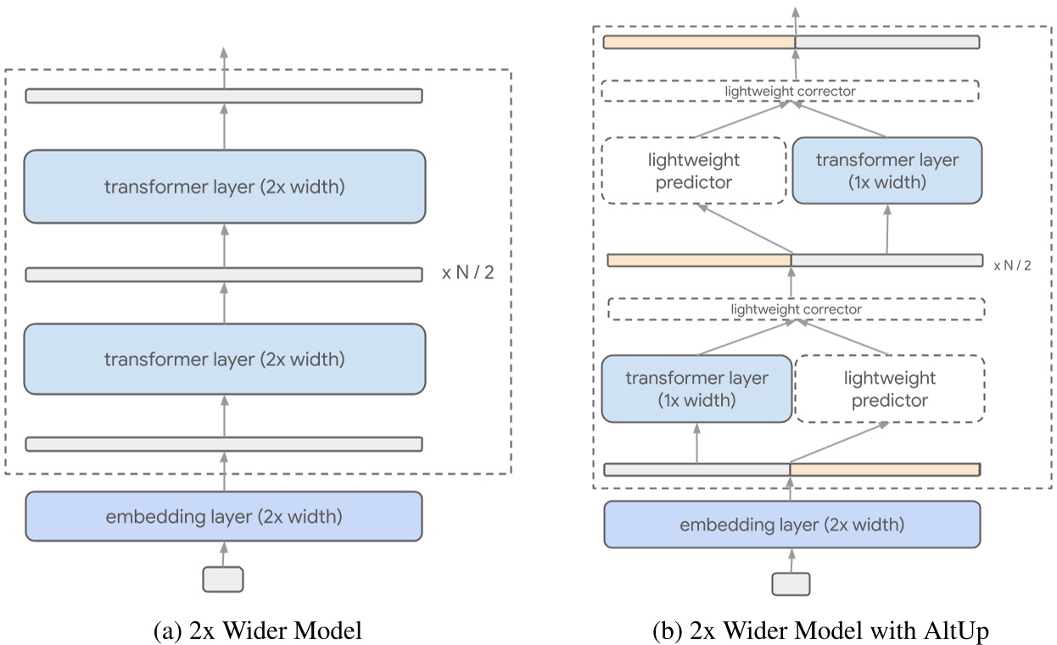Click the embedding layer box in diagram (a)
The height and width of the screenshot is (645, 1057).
[x=224, y=515]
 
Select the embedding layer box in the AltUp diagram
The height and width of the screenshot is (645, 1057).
[x=791, y=525]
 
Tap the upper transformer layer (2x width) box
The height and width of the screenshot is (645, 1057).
[x=224, y=186]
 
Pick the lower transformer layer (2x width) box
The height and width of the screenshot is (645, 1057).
[x=224, y=359]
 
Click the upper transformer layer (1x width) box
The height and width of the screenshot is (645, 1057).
[x=886, y=170]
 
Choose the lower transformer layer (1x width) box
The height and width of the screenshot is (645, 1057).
[x=696, y=389]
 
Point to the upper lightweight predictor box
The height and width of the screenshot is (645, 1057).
[x=694, y=170]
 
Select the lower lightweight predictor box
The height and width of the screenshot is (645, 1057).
[x=890, y=389]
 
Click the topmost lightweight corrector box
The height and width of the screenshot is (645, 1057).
[x=790, y=90]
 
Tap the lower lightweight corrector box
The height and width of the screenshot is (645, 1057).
[x=796, y=309]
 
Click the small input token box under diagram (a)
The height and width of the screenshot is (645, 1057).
[x=223, y=579]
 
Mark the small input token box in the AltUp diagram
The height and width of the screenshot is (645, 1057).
[x=791, y=583]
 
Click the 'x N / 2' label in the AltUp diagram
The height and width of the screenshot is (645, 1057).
[x=1012, y=265]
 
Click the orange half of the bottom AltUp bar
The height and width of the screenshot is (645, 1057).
[x=885, y=469]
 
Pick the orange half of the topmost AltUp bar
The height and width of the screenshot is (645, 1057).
[x=698, y=42]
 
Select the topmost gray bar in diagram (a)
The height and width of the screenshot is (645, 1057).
[x=224, y=96]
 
